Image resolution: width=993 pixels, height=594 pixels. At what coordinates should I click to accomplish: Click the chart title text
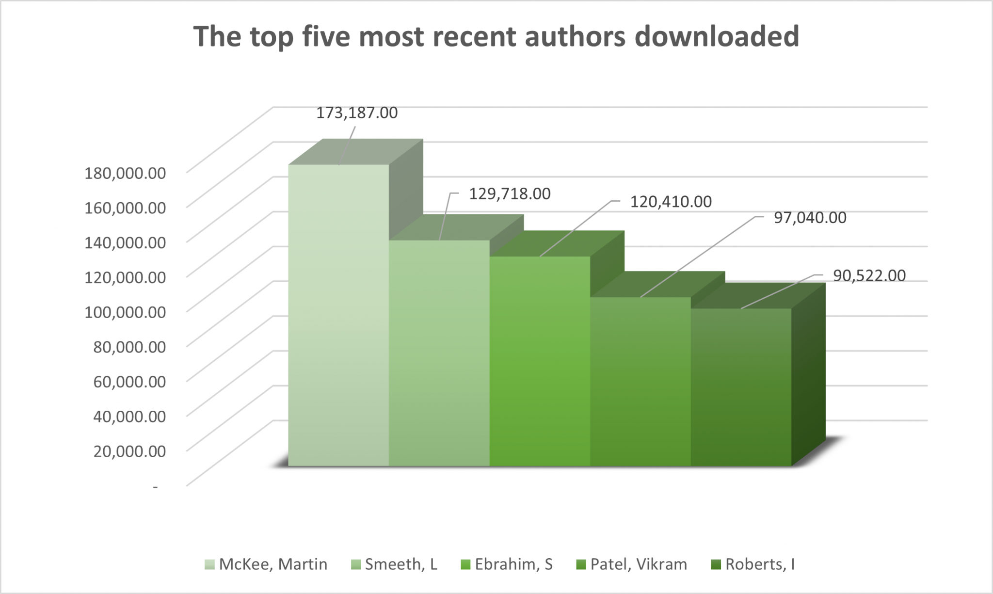click(496, 36)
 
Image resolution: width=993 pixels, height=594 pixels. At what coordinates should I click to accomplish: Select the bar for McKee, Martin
click(338, 315)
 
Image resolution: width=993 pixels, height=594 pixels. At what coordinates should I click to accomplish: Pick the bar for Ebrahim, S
click(539, 361)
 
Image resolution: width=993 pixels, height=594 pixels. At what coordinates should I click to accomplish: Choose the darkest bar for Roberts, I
click(741, 387)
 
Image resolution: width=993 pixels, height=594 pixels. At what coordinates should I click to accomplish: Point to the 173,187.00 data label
click(357, 113)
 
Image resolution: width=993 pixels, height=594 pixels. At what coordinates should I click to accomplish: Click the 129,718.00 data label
click(510, 194)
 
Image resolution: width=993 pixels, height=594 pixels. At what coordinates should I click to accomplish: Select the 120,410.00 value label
click(671, 202)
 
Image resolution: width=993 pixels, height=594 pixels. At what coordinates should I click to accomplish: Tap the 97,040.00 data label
click(810, 218)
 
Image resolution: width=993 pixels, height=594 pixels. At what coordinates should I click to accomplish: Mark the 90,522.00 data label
click(869, 276)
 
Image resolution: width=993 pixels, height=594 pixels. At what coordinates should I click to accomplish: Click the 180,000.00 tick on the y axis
click(125, 173)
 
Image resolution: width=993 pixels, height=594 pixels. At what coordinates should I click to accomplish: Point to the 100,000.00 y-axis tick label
click(125, 312)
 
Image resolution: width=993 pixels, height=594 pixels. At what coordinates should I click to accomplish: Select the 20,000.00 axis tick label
click(129, 451)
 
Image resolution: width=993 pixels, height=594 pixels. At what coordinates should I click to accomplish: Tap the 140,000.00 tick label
click(125, 242)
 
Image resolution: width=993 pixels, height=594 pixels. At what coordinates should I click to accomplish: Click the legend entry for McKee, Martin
click(266, 564)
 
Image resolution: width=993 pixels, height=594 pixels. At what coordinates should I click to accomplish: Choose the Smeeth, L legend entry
click(394, 564)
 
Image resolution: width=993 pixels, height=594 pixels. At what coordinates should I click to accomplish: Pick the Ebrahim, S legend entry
click(507, 564)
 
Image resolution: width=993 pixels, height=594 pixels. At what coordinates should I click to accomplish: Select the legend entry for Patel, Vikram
click(632, 564)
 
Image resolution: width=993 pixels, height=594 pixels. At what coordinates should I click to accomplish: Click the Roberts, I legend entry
click(753, 564)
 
